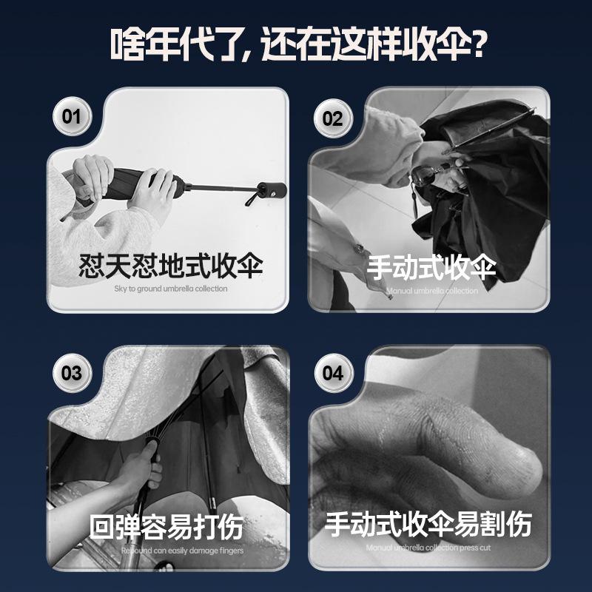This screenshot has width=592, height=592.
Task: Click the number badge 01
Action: pyautogui.click(x=71, y=116)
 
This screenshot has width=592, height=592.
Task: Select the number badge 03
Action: pyautogui.click(x=71, y=372)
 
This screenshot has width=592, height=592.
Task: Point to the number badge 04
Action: pyautogui.click(x=332, y=372)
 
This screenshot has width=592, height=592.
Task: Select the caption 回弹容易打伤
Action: pyautogui.click(x=166, y=527)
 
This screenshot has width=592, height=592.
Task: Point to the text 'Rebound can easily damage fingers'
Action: pyautogui.click(x=181, y=551)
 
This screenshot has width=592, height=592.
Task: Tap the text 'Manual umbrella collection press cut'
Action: pyautogui.click(x=428, y=548)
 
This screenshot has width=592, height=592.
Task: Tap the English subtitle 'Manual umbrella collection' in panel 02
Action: pyautogui.click(x=431, y=291)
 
